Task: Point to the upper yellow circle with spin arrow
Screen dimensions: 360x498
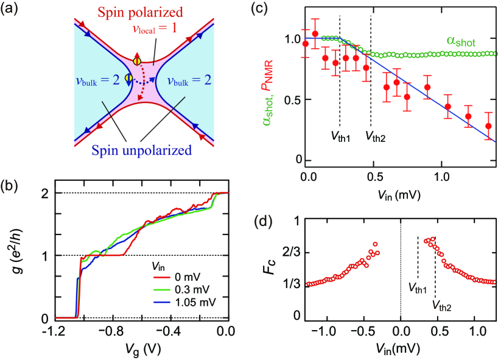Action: (x=138, y=61)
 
